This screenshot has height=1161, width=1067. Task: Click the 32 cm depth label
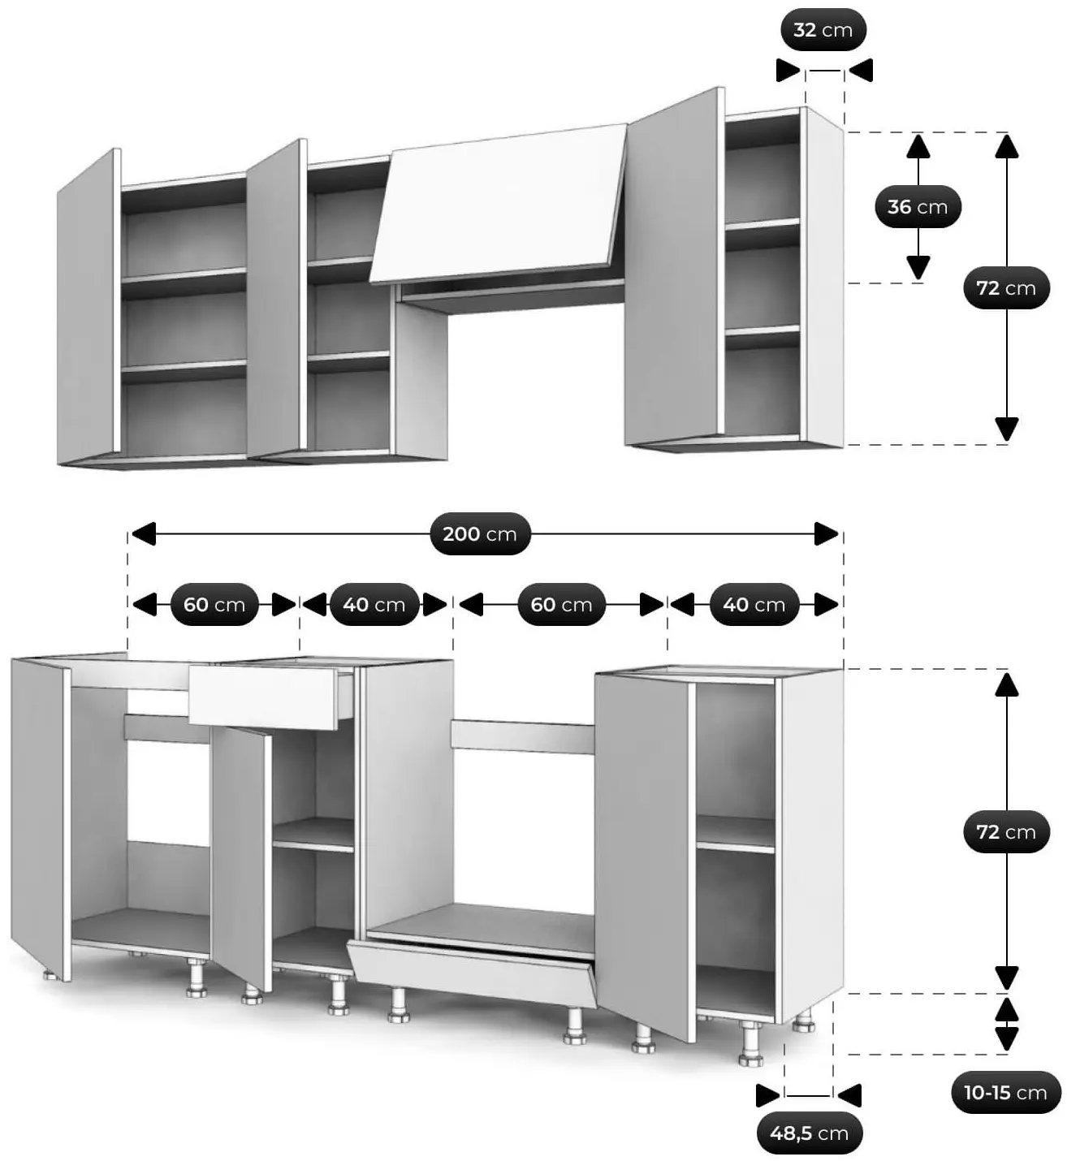click(823, 29)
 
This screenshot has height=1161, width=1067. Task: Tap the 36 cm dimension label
click(918, 206)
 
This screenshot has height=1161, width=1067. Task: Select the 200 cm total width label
click(480, 533)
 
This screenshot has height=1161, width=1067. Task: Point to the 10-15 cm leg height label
click(1005, 1092)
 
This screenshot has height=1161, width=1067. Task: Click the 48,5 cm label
click(810, 1133)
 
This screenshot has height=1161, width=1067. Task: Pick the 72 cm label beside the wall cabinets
click(1006, 287)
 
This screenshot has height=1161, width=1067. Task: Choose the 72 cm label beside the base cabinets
click(1006, 831)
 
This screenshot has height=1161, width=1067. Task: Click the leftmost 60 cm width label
click(214, 604)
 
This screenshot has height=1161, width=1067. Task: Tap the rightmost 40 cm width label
click(754, 604)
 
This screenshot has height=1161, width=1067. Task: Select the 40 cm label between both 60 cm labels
click(374, 604)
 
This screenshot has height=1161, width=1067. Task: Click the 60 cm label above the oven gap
click(562, 604)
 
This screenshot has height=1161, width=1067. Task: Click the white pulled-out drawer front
click(263, 697)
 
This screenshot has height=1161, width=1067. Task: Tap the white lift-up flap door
click(499, 204)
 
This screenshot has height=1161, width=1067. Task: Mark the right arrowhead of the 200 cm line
click(826, 533)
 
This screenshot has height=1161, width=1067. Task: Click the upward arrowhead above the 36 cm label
click(918, 146)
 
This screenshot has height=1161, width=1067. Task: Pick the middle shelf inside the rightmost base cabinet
click(735, 835)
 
